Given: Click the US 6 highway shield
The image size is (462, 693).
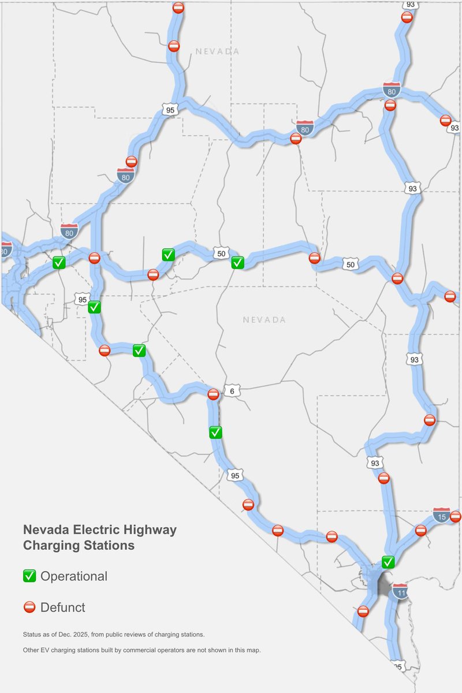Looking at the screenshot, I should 232,391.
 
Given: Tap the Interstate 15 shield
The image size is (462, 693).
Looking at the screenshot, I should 441,515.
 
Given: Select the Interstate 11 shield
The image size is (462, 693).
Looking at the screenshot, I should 400,591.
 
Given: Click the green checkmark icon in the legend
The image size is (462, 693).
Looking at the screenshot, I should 29,576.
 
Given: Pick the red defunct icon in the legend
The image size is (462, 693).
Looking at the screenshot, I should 29,607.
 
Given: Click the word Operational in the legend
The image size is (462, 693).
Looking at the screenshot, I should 74,576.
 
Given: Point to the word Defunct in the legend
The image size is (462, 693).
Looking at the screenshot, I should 63,607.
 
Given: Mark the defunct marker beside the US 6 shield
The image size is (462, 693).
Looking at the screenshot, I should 213,394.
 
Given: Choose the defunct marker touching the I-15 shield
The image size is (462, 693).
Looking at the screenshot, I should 456,516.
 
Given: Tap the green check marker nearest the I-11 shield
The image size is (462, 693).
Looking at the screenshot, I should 388,561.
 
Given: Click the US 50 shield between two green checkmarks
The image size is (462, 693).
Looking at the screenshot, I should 220,253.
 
